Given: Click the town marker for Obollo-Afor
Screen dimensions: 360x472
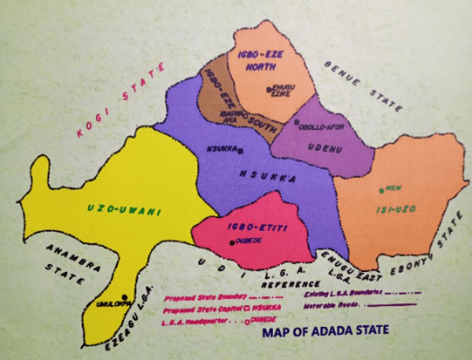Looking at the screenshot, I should [x=297, y=123].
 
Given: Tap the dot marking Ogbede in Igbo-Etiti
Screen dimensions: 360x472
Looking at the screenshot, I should [x=232, y=243].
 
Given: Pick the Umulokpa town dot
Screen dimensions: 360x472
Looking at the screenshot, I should [x=125, y=297].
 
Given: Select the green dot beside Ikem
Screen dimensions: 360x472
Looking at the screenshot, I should [x=382, y=191].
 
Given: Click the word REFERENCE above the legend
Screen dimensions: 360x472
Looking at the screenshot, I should [x=291, y=284].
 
